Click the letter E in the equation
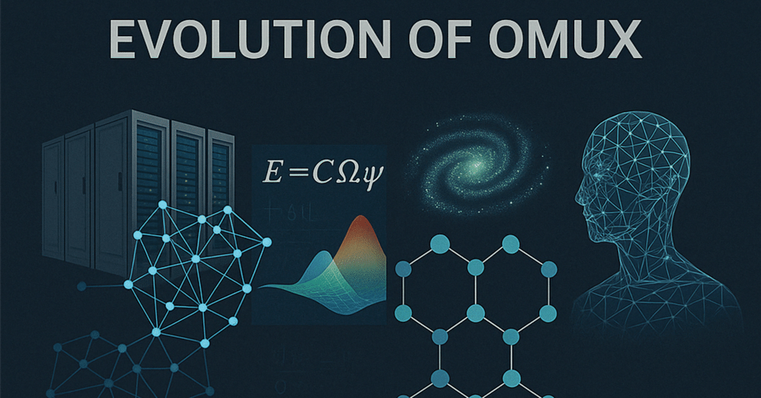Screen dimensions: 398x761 point(271,172)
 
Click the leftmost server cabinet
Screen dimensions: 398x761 point(54,196)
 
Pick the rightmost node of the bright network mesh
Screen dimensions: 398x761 point(267,242)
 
